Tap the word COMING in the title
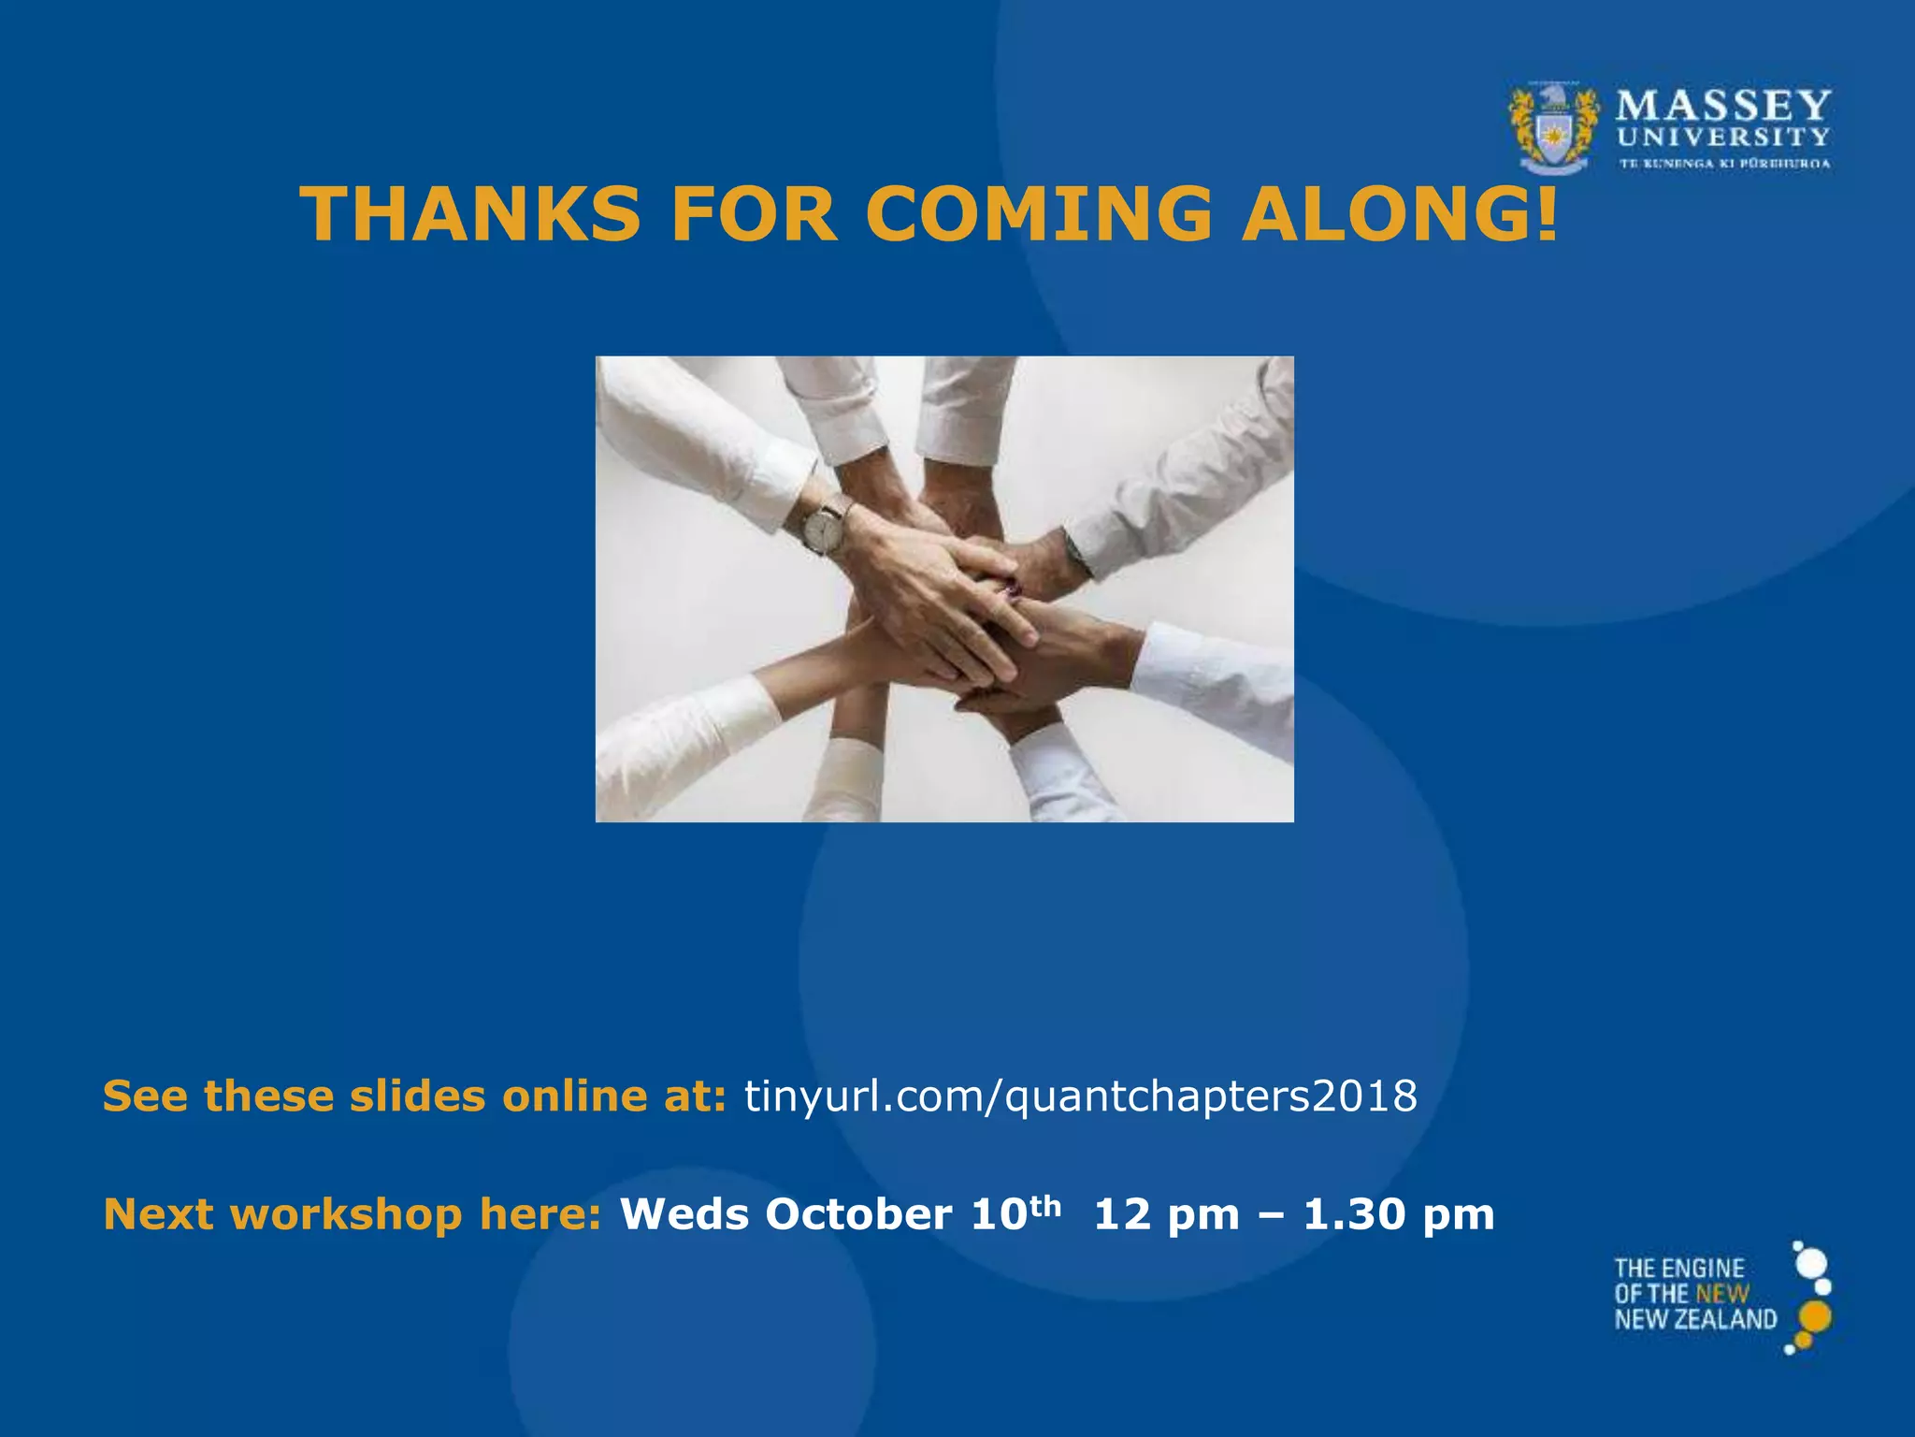click(x=1038, y=214)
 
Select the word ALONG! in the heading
click(x=1400, y=214)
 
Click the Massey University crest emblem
click(x=1553, y=129)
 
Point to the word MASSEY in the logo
click(x=1723, y=105)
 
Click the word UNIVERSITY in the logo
click(x=1723, y=138)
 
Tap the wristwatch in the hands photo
click(x=823, y=528)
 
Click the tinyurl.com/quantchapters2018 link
click(x=1080, y=1096)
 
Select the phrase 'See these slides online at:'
click(x=414, y=1096)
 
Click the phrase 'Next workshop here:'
click(x=353, y=1214)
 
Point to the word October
click(x=859, y=1214)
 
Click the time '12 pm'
click(x=1166, y=1214)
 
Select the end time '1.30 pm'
click(x=1399, y=1214)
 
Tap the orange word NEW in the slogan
click(x=1722, y=1295)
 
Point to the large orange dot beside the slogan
click(x=1815, y=1316)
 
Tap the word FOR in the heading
click(x=754, y=214)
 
